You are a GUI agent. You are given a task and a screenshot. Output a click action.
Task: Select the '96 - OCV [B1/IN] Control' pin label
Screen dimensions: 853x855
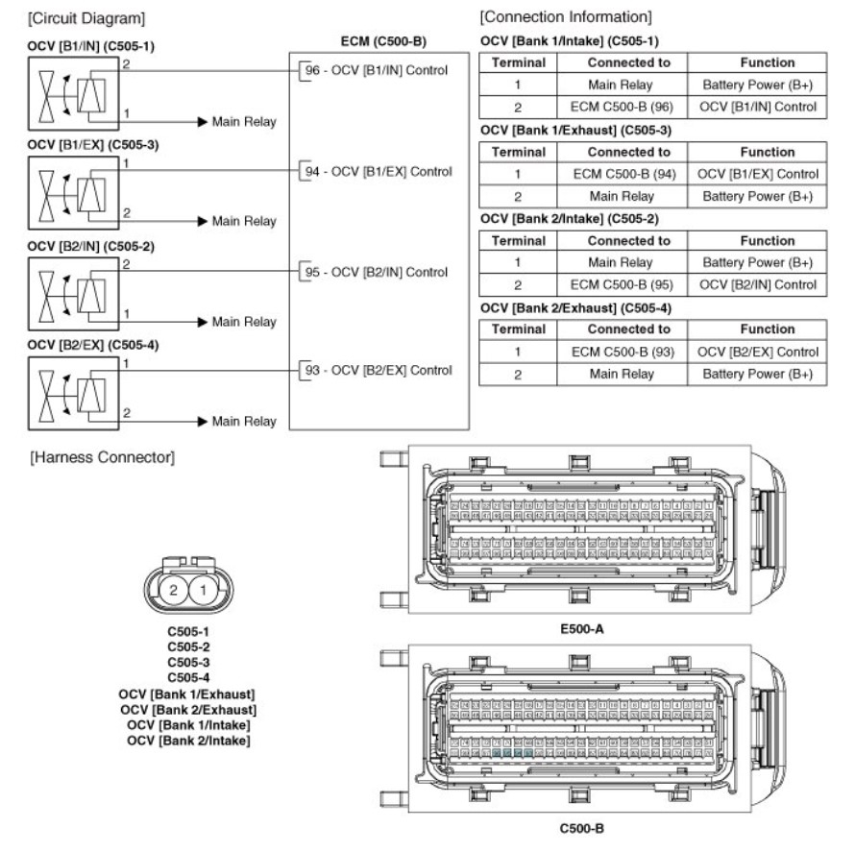pos(377,70)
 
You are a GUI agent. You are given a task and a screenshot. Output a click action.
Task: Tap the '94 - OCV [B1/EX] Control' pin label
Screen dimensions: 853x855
pos(377,171)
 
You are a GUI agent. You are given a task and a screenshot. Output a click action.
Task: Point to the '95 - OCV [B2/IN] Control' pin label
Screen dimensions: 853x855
pos(377,271)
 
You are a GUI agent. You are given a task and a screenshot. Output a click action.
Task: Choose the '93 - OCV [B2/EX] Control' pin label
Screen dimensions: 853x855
pos(377,371)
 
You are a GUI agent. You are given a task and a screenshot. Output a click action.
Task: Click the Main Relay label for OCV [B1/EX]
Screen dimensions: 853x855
pos(244,221)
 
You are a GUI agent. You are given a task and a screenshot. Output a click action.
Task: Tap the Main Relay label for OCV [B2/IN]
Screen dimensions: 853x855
pos(244,321)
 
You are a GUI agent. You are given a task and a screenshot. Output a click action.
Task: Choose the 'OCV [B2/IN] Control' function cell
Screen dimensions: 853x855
pos(768,284)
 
